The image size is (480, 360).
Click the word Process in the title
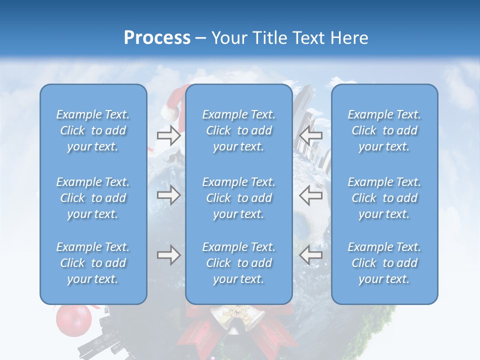[x=157, y=38]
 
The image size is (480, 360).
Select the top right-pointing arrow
[x=168, y=135]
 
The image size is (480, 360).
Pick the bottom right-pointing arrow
[x=168, y=255]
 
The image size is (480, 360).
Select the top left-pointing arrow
[x=311, y=135]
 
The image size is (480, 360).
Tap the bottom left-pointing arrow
[x=311, y=255]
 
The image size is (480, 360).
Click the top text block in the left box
[x=93, y=130]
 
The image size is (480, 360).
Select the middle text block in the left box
[x=93, y=198]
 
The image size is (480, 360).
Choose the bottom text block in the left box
[x=93, y=263]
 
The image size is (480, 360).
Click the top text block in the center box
[x=238, y=130]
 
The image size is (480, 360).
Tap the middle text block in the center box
[x=238, y=198]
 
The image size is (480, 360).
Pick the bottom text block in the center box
[x=238, y=263]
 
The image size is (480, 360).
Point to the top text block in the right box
[x=384, y=130]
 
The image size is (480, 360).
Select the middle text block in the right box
[x=384, y=198]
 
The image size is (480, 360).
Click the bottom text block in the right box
[x=384, y=263]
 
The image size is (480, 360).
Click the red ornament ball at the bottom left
[x=73, y=319]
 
